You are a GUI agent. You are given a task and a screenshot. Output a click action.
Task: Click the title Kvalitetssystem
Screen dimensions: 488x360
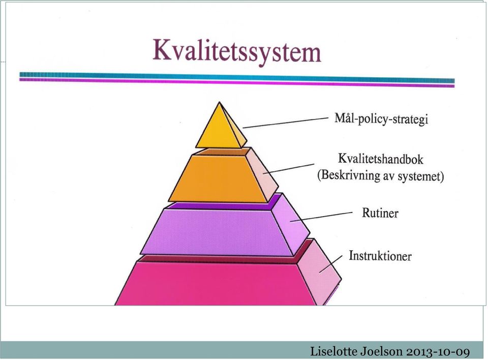point(237,51)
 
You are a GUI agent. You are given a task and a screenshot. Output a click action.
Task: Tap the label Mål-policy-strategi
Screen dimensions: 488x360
point(381,119)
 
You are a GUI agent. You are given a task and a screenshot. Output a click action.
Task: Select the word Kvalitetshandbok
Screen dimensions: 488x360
point(381,159)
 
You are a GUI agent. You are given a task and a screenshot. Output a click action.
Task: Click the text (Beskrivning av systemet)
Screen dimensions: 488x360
point(380,175)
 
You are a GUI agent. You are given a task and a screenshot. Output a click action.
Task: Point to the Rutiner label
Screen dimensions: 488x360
point(380,213)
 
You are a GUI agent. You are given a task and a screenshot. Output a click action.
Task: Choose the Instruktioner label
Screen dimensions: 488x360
point(380,256)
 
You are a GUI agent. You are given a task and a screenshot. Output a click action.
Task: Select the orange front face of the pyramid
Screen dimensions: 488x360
point(218,179)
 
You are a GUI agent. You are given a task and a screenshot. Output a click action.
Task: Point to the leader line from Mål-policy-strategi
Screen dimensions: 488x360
point(285,123)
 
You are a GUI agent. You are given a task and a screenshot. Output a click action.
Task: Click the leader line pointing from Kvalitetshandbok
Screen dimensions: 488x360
point(288,168)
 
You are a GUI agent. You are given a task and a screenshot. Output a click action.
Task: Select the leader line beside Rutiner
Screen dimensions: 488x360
point(321,217)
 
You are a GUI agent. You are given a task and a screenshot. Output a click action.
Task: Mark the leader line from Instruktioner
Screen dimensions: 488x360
point(331,264)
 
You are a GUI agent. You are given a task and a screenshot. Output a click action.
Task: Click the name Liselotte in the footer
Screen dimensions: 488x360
point(334,351)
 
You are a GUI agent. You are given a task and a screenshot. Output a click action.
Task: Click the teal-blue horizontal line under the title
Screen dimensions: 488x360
point(237,77)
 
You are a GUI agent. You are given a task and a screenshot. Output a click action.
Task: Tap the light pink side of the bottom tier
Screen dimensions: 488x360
point(320,271)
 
